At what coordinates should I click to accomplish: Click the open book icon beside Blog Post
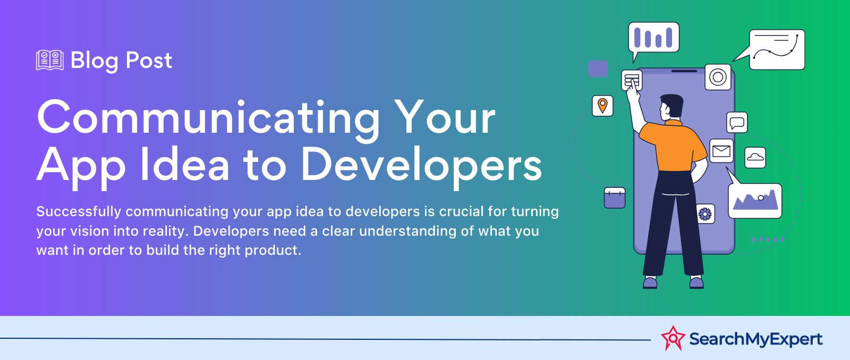click(x=50, y=60)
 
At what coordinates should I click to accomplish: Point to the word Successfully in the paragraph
click(x=79, y=212)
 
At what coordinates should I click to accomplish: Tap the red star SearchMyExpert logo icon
click(x=673, y=338)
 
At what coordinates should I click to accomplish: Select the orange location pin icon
click(x=602, y=106)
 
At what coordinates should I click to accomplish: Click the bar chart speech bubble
click(x=653, y=38)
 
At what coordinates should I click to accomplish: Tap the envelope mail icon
click(x=721, y=151)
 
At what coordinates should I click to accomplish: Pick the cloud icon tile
click(x=755, y=157)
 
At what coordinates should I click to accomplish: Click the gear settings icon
click(x=705, y=214)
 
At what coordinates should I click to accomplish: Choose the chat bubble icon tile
click(x=737, y=123)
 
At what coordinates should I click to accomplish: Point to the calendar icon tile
click(x=615, y=198)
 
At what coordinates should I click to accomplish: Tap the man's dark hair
click(x=673, y=104)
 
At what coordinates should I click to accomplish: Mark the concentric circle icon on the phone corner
click(x=718, y=77)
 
